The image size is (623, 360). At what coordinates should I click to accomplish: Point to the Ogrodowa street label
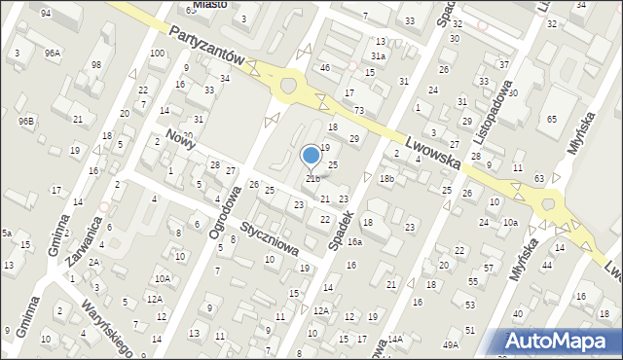[224, 213]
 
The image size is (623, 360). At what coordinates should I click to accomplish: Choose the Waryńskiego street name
[107, 326]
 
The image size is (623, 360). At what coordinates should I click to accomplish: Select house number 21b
[312, 178]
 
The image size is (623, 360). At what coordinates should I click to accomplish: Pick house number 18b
[386, 179]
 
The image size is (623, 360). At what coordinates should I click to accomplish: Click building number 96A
[52, 53]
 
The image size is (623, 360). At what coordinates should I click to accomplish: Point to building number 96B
[26, 121]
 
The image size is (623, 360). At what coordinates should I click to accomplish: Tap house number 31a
[377, 56]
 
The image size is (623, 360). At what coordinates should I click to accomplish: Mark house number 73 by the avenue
[359, 111]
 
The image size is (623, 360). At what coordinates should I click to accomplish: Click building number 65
[551, 118]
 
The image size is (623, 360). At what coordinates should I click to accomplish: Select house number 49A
[450, 344]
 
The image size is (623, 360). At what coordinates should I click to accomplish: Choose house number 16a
[355, 241]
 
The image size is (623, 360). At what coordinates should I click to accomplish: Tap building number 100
[157, 53]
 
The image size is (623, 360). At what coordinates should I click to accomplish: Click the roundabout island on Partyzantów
[287, 87]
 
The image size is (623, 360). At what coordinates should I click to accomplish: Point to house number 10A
[163, 279]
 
